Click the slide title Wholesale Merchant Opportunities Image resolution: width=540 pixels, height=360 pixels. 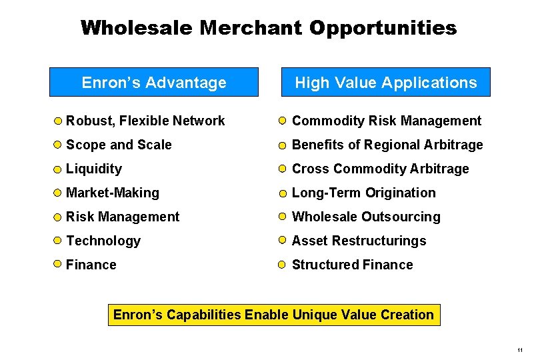click(x=269, y=28)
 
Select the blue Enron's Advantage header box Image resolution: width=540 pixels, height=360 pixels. click(x=154, y=83)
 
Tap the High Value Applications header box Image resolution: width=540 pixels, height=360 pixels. click(x=386, y=83)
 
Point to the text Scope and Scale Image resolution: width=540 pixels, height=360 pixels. click(x=119, y=145)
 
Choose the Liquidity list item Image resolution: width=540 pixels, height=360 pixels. click(x=94, y=169)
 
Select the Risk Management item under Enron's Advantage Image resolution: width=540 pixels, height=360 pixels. click(x=123, y=217)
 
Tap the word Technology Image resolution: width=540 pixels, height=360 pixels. click(x=103, y=241)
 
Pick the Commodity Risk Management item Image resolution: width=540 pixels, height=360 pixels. click(x=387, y=121)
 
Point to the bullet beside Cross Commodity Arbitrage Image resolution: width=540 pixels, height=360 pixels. click(x=283, y=169)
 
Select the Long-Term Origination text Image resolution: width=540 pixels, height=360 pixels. click(x=364, y=193)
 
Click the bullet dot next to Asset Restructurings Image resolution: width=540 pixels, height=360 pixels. click(x=283, y=241)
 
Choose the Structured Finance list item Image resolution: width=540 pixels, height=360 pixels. click(x=353, y=265)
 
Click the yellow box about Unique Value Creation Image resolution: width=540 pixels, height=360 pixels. click(x=274, y=315)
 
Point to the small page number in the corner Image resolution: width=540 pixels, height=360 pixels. click(x=519, y=350)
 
